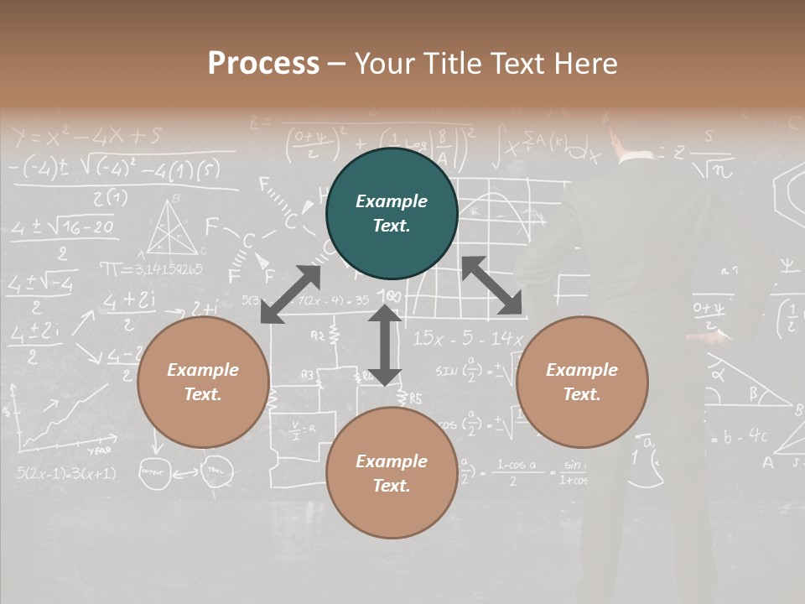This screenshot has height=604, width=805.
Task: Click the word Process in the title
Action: tap(263, 64)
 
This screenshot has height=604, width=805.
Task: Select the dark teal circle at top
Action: tap(392, 213)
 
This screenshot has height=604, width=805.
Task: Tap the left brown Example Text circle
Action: tap(203, 382)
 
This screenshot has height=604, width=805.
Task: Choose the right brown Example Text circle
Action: tap(582, 382)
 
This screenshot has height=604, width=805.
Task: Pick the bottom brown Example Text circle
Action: tap(392, 473)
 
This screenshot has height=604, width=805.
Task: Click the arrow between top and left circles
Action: tap(291, 294)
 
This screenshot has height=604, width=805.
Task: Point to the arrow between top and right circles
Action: tap(491, 285)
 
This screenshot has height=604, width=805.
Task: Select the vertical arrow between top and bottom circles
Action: tap(385, 345)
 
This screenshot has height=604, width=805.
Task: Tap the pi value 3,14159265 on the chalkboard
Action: tap(152, 269)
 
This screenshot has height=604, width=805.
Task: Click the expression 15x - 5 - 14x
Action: tap(467, 339)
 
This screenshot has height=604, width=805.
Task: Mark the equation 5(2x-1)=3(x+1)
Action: tap(66, 473)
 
